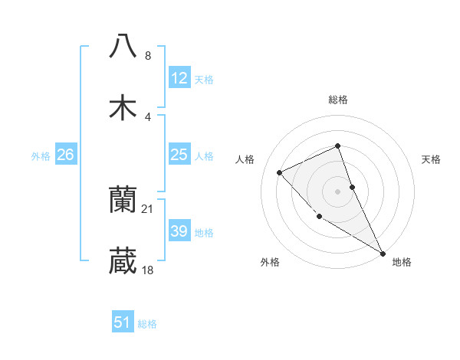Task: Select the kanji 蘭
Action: coord(123,201)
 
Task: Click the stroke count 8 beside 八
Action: coord(148,55)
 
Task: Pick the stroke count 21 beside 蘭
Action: coord(149,209)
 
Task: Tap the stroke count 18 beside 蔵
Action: coord(149,270)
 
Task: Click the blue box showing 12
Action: coord(179,78)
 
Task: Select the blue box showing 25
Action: coord(179,155)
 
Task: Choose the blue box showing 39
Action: coord(179,231)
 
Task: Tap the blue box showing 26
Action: coord(66,155)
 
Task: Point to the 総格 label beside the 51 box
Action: coord(148,324)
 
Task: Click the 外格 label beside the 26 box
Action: coord(41,156)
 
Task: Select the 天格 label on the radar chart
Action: coord(432,159)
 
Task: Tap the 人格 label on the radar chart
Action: coord(245,159)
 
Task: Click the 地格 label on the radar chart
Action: coord(402,262)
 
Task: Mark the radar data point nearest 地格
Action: coord(383,253)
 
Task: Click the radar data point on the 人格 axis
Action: coord(280,172)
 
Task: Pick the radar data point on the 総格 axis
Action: coord(338,146)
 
